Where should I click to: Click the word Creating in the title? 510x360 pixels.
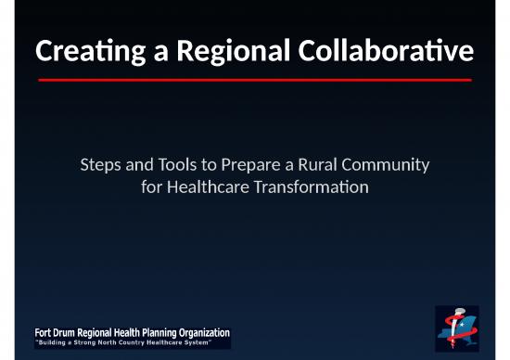coord(79,53)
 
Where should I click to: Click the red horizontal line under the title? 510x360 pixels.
coord(254,80)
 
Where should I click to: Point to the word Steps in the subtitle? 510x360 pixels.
coord(100,166)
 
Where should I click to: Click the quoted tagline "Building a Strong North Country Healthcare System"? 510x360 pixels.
coord(129,343)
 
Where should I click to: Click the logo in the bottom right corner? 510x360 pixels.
coord(458,328)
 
